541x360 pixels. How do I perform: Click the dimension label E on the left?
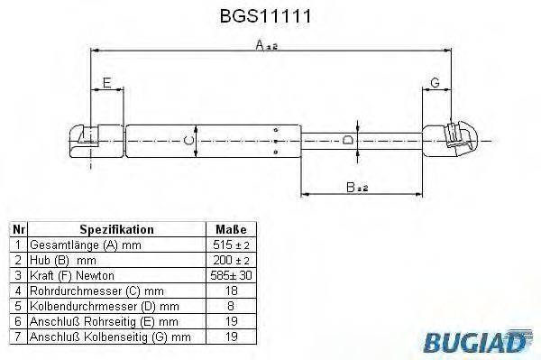click(x=106, y=84)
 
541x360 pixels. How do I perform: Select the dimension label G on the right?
click(x=436, y=84)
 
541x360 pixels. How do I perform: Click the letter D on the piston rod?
click(x=348, y=140)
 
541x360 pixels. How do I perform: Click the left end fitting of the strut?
click(x=91, y=140)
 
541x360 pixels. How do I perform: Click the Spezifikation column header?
click(x=117, y=230)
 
